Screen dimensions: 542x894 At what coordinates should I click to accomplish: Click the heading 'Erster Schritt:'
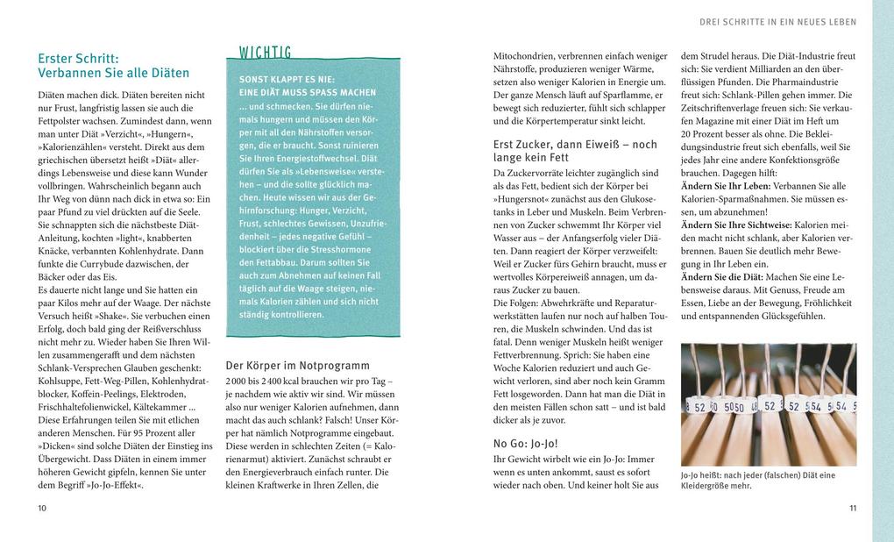[84, 58]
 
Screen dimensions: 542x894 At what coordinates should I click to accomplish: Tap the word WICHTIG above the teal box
[266, 52]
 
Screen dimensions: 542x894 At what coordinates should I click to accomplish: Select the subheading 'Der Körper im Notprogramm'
[297, 366]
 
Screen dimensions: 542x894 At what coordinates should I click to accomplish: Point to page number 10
[42, 508]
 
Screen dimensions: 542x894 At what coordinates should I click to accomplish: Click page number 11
[853, 508]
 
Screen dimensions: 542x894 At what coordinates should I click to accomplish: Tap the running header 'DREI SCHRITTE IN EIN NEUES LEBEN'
[778, 22]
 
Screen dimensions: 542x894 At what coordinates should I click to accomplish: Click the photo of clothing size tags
[769, 403]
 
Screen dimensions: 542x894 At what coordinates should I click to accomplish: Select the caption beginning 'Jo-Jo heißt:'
[757, 480]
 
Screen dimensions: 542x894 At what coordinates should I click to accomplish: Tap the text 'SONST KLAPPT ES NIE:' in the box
[287, 79]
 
